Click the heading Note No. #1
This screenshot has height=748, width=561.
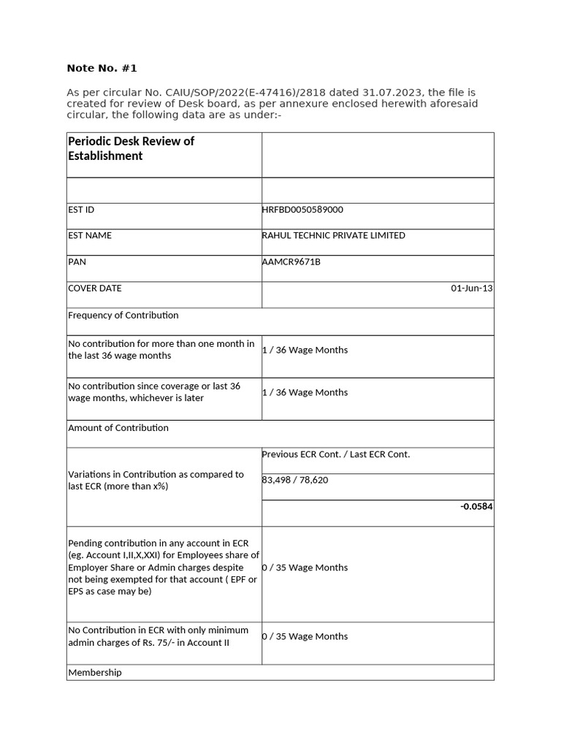102,68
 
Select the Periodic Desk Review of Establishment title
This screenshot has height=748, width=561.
131,148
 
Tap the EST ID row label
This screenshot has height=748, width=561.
81,210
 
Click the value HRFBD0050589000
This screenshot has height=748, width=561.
302,210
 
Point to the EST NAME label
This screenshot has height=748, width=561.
90,235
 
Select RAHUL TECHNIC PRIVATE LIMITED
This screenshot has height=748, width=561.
333,235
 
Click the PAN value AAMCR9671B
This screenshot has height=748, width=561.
291,262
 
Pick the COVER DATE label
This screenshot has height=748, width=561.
95,288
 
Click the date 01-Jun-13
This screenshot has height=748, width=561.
471,289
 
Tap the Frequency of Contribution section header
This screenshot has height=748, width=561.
123,315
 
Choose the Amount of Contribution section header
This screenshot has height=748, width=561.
118,427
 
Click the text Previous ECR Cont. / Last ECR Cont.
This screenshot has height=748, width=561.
336,454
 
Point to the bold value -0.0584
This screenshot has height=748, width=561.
476,505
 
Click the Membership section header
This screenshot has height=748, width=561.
95,671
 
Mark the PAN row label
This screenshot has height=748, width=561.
77,262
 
